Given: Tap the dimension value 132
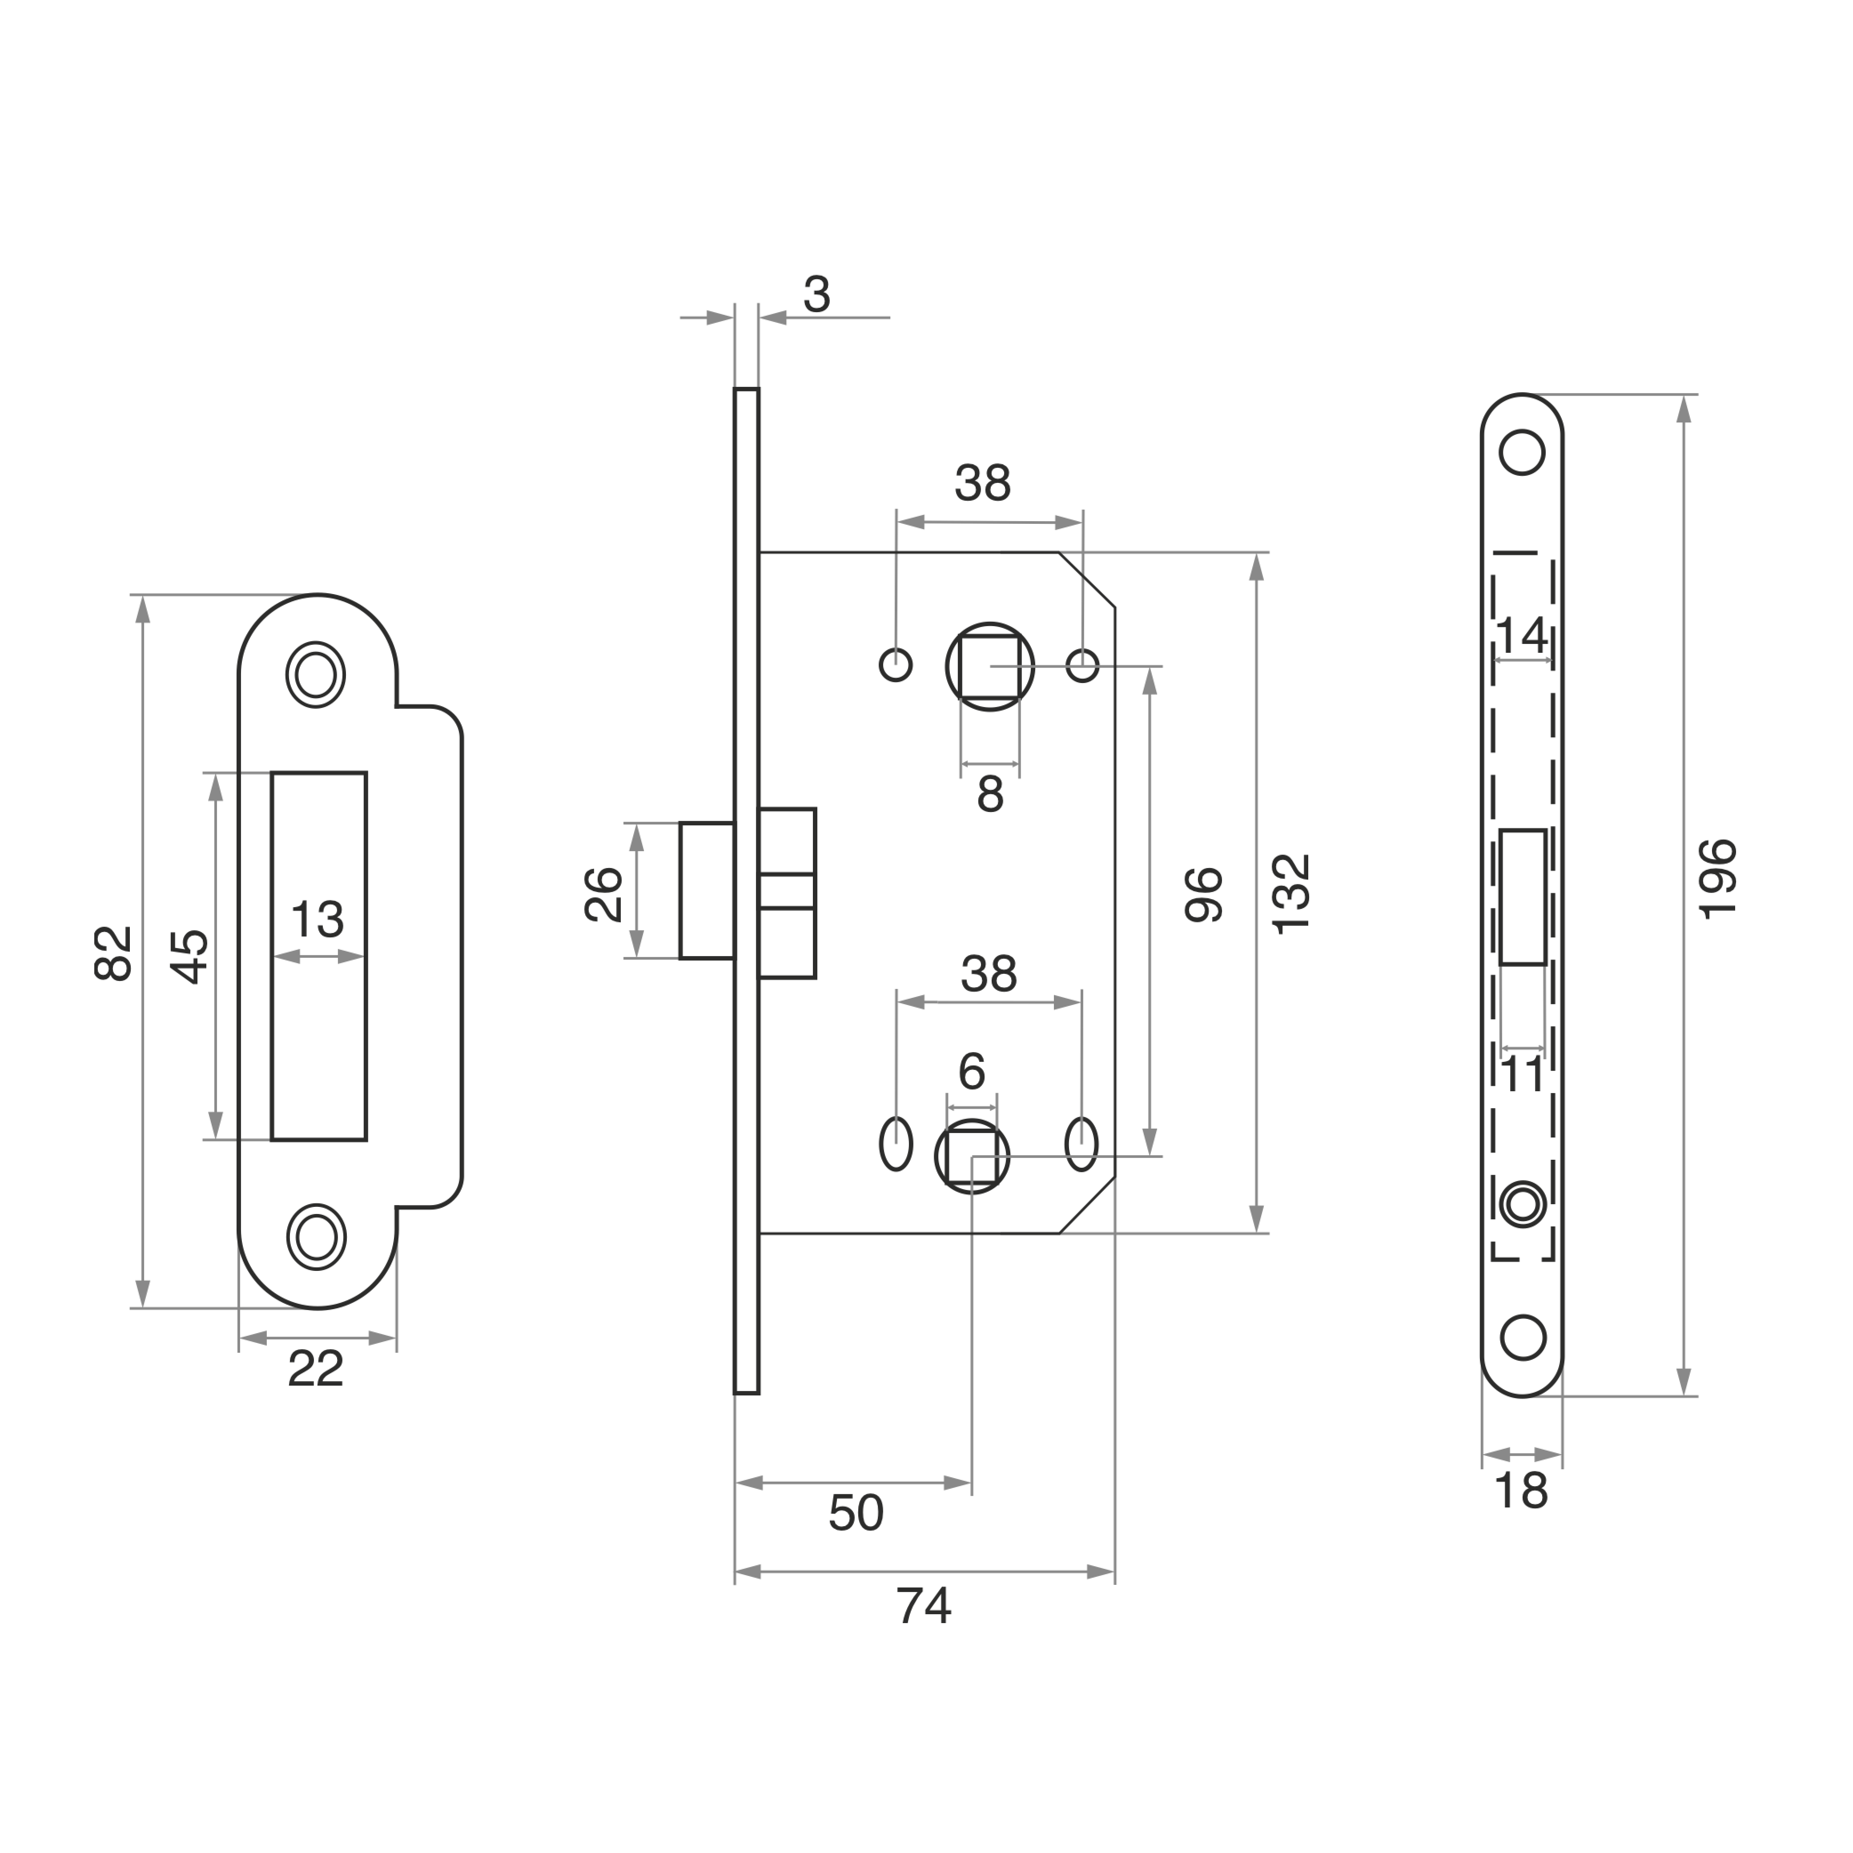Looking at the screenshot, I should tap(1291, 893).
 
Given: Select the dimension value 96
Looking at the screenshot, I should tap(1204, 895).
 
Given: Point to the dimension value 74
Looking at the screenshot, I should tap(924, 1606).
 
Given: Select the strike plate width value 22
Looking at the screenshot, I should tap(316, 1369).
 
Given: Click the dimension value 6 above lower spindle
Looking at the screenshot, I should tap(972, 1071).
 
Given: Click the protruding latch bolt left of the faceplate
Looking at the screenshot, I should tap(707, 890).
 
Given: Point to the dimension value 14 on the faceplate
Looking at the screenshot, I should tap(1522, 635).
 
